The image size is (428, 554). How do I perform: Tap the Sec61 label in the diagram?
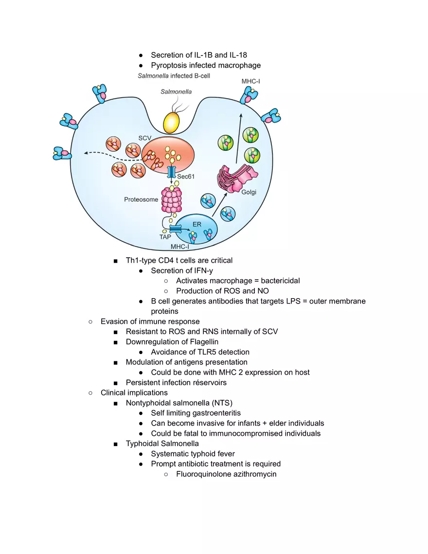186,177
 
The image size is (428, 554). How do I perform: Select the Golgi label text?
249,192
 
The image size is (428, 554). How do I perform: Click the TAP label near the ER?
165,237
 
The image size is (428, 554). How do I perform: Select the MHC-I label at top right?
250,81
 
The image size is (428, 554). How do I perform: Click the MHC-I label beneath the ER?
180,247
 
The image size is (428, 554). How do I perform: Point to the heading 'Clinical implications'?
134,393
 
